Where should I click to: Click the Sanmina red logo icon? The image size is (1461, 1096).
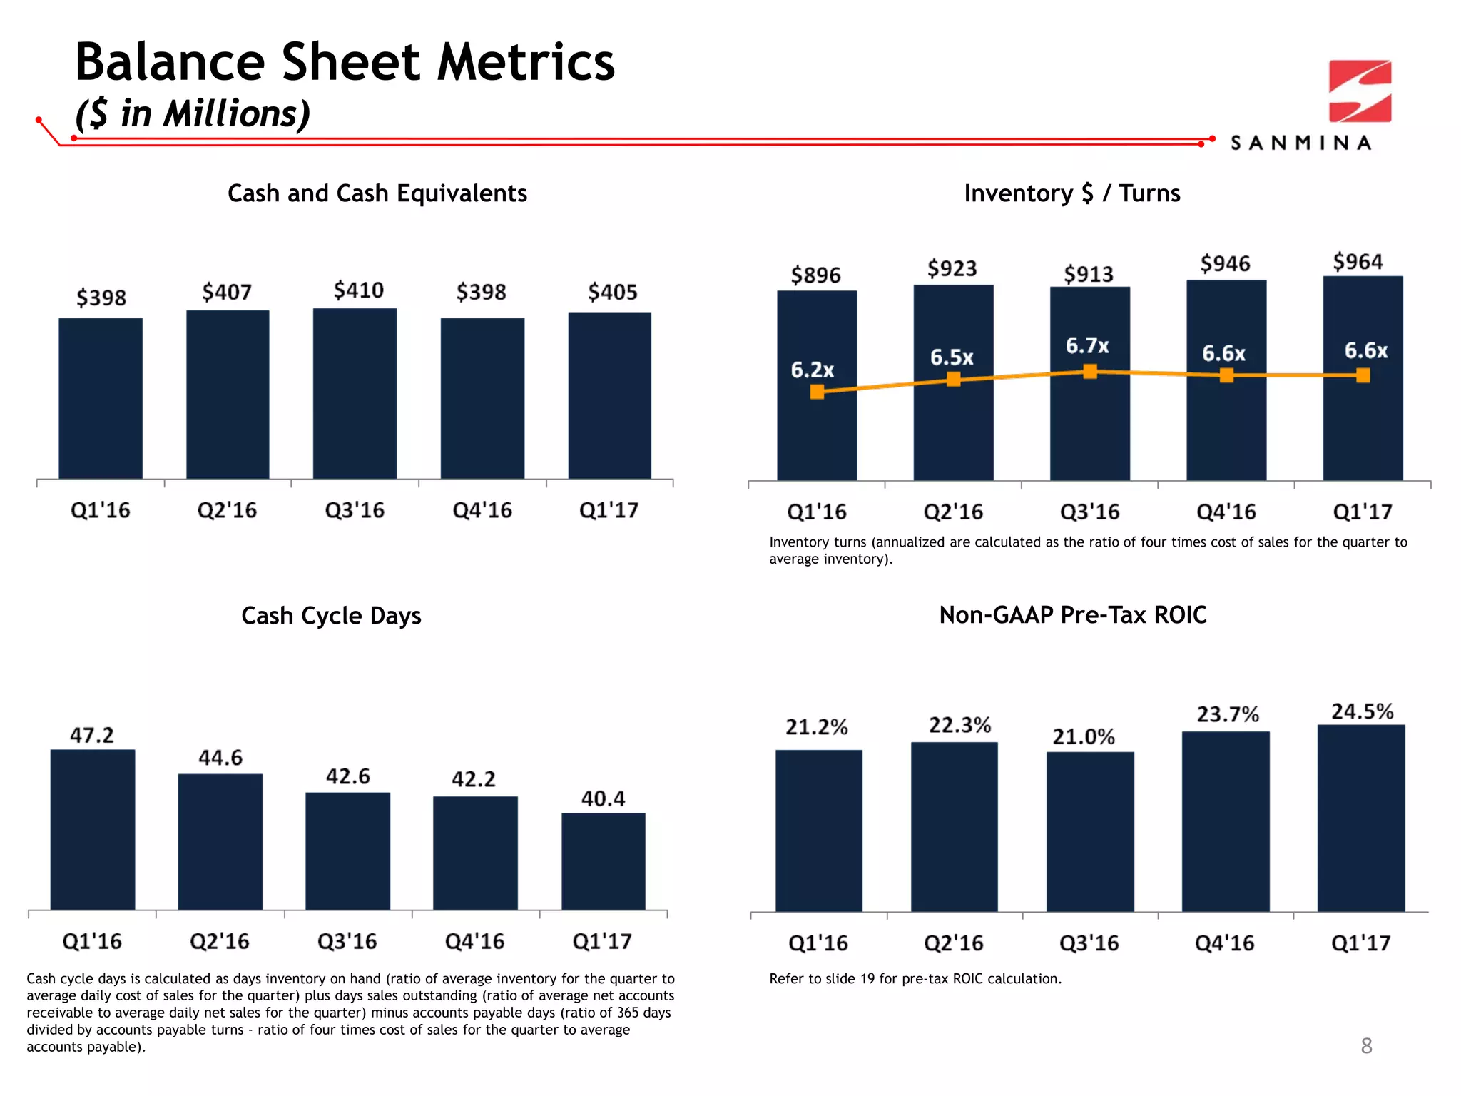pyautogui.click(x=1360, y=91)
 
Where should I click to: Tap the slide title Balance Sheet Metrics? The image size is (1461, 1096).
pyautogui.click(x=345, y=62)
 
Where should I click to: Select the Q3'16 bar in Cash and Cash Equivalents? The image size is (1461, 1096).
pyautogui.click(x=355, y=394)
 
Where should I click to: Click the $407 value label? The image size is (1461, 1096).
pyautogui.click(x=227, y=292)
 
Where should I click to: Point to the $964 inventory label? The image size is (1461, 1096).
pyautogui.click(x=1358, y=262)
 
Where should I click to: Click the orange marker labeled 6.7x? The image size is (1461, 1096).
pyautogui.click(x=1090, y=371)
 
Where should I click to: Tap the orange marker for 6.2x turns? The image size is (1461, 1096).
pyautogui.click(x=818, y=391)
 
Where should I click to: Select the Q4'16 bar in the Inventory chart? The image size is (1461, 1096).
pyautogui.click(x=1226, y=428)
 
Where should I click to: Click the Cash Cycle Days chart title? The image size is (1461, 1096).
pyautogui.click(x=331, y=615)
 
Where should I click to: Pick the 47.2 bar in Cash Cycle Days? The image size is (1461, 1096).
pyautogui.click(x=93, y=829)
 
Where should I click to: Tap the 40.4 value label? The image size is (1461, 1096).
pyautogui.click(x=603, y=798)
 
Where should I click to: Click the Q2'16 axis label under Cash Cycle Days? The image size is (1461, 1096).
pyautogui.click(x=220, y=941)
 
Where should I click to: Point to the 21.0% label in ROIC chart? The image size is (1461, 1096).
pyautogui.click(x=1084, y=736)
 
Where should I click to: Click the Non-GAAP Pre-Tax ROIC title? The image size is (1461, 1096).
pyautogui.click(x=1072, y=615)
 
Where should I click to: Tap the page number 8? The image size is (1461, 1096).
pyautogui.click(x=1366, y=1045)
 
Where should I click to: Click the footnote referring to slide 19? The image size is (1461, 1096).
pyautogui.click(x=915, y=979)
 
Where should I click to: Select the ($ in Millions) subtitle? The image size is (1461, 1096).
pyautogui.click(x=193, y=114)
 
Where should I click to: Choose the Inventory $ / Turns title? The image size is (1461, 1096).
pyautogui.click(x=1071, y=193)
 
